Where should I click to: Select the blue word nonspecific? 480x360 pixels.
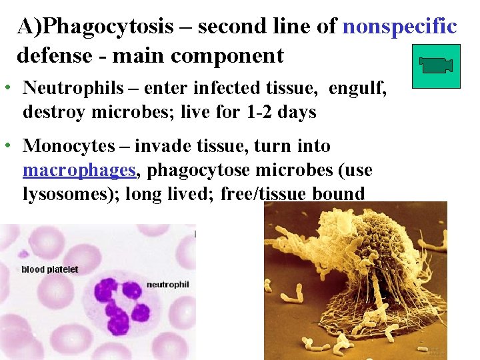point(399,27)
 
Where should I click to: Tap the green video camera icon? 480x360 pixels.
point(436,66)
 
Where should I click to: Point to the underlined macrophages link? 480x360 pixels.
point(79,171)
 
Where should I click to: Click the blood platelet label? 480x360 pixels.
point(50,269)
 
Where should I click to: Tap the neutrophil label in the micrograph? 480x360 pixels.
point(167,285)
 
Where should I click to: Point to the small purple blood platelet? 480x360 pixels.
point(24,253)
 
